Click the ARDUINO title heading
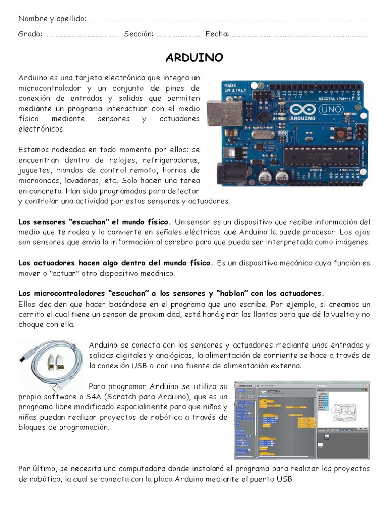pos(194,58)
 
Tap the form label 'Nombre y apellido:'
pos(52,19)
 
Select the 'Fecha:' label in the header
pos(217,34)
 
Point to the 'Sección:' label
pos(138,34)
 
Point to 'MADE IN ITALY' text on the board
pos(236,88)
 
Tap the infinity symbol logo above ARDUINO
pos(300,110)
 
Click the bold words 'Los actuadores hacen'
pos(59,263)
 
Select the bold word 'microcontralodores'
pos(70,293)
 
